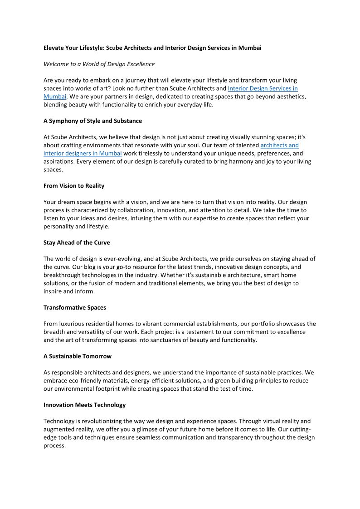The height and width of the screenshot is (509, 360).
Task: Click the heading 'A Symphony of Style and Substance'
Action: click(92, 121)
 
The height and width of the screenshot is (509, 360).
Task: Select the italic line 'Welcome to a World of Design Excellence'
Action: click(99, 64)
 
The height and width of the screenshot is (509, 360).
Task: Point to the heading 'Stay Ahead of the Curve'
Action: click(77, 242)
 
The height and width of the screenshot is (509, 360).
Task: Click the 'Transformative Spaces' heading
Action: click(75, 307)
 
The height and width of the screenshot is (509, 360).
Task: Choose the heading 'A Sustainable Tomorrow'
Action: click(78, 356)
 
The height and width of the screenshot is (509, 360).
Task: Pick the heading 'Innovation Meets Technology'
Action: click(84, 405)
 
